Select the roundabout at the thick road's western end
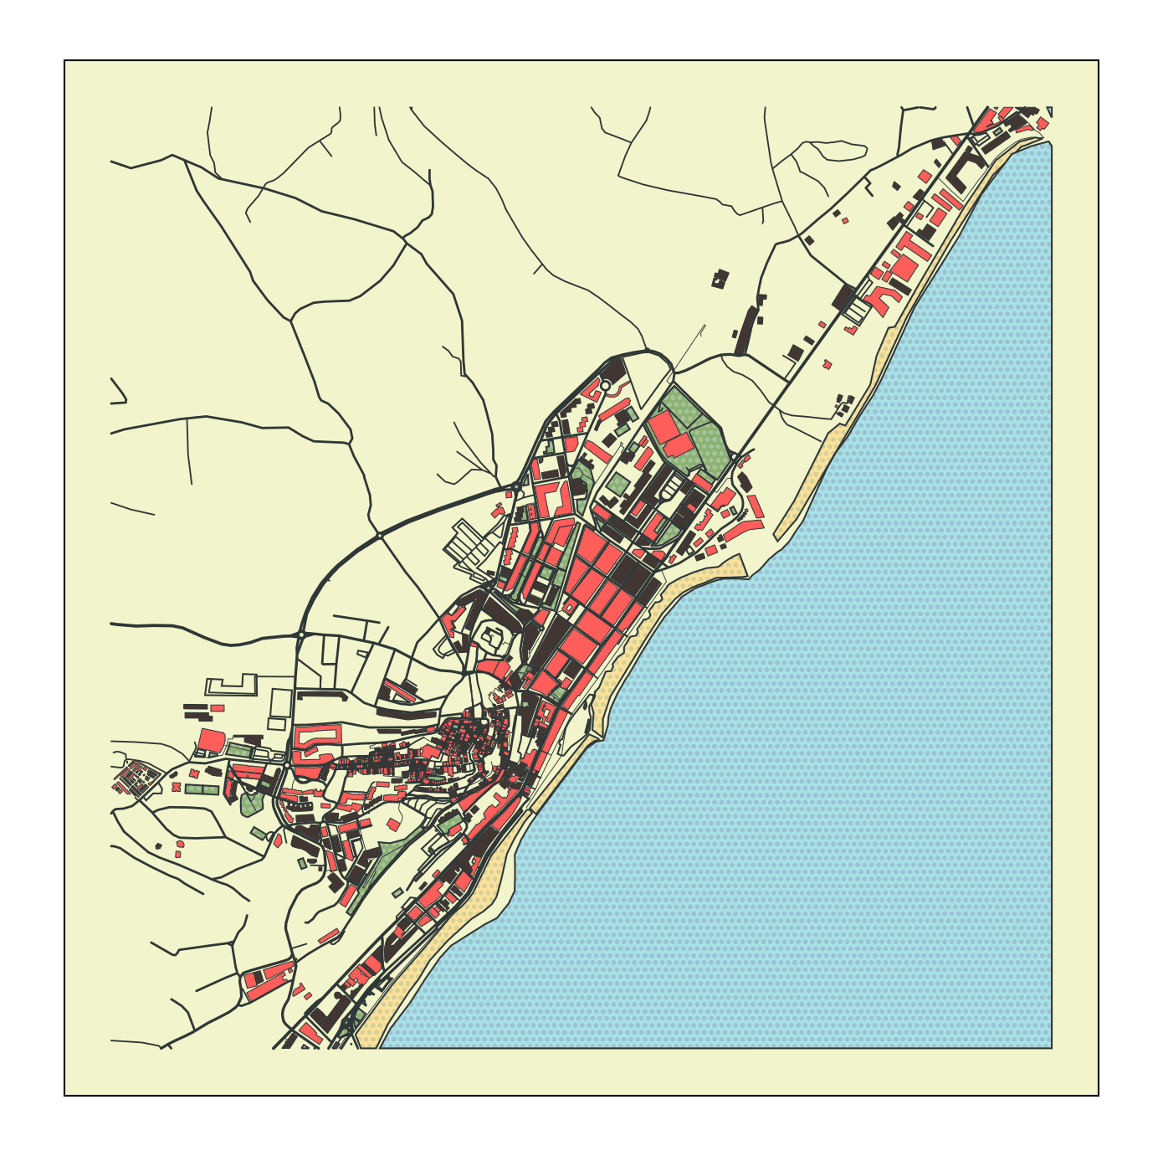(x=300, y=635)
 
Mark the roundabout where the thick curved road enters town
(x=516, y=486)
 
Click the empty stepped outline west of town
(x=230, y=686)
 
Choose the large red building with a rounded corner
(x=211, y=741)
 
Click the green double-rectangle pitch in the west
(x=202, y=789)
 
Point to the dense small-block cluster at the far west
(x=136, y=777)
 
